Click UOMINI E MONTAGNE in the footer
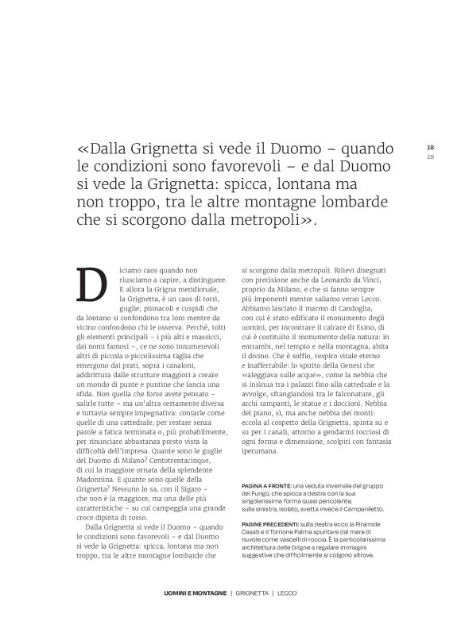[188, 593]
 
